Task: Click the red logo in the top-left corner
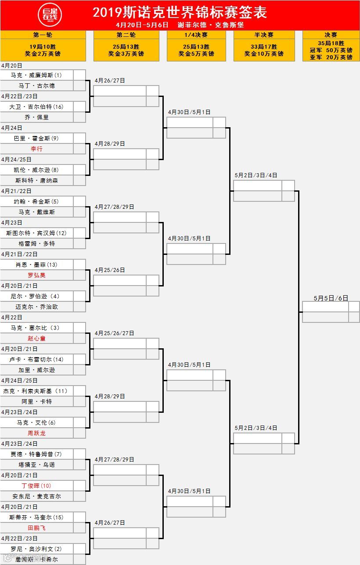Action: coord(50,15)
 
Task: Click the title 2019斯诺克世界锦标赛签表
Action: coord(180,12)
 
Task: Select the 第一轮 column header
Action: coord(43,35)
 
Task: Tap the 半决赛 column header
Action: coord(264,35)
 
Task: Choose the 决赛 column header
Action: coord(331,35)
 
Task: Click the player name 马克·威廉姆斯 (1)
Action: coord(36,75)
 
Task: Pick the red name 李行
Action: coord(36,149)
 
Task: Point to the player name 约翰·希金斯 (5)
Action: coord(36,201)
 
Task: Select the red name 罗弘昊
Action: coord(36,275)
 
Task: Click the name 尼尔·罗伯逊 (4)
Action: coord(36,296)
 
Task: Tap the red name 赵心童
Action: coord(36,338)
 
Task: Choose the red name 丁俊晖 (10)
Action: coord(36,486)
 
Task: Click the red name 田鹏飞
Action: coord(36,528)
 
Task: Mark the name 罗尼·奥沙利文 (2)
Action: coord(36,549)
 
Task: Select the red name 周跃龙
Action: coord(36,433)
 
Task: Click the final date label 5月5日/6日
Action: coord(331,298)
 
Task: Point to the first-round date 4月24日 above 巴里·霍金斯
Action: coord(11,128)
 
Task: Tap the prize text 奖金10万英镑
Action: coord(264,54)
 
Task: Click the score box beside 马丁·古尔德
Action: coord(79,86)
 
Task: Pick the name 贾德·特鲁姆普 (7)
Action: coord(36,454)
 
